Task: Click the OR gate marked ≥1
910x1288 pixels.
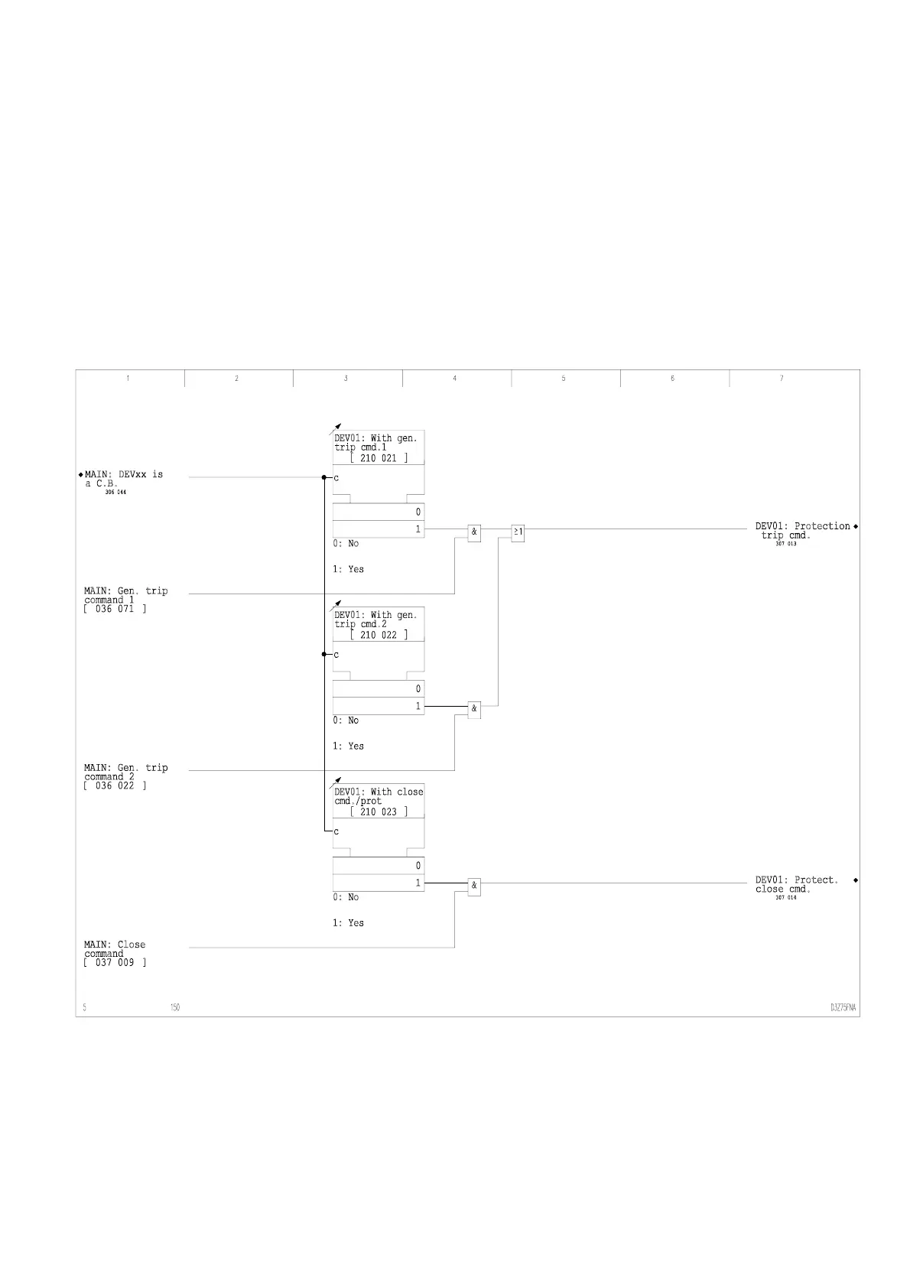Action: click(518, 533)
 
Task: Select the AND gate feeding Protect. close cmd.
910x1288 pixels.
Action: click(474, 886)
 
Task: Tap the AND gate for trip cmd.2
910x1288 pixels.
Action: click(474, 710)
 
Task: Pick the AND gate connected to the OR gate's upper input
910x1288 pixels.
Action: click(474, 533)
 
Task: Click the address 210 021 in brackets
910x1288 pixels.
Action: click(379, 458)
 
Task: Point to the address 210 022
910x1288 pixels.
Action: click(379, 635)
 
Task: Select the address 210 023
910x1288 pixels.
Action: click(379, 812)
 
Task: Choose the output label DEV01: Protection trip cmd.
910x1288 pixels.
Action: click(802, 531)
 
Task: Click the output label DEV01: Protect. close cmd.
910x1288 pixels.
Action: click(796, 885)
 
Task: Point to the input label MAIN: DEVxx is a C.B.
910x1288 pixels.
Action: click(123, 479)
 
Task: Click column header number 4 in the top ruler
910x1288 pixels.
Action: click(455, 379)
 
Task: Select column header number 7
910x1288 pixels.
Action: click(782, 379)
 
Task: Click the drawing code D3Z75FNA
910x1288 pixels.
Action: click(843, 1007)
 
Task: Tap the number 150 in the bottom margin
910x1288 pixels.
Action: click(175, 1007)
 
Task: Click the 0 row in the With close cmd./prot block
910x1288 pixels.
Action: click(379, 866)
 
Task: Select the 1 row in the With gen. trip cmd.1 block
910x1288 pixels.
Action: click(379, 529)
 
